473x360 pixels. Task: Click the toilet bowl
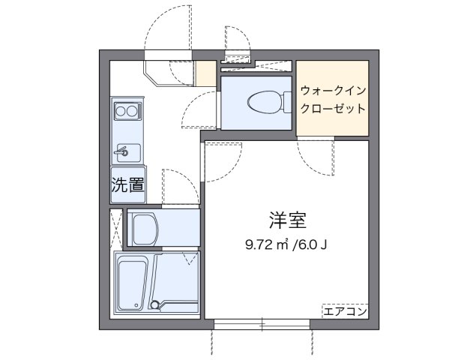(x=262, y=100)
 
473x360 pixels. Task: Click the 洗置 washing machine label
(x=127, y=187)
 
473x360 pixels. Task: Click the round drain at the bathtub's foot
(x=155, y=305)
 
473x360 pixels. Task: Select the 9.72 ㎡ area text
(x=263, y=244)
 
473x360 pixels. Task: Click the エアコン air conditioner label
(x=345, y=310)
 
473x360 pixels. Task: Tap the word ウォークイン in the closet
(x=333, y=91)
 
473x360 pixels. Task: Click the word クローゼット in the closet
(x=333, y=108)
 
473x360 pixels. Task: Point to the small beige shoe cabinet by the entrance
(x=204, y=73)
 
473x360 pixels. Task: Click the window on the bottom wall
(x=261, y=324)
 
